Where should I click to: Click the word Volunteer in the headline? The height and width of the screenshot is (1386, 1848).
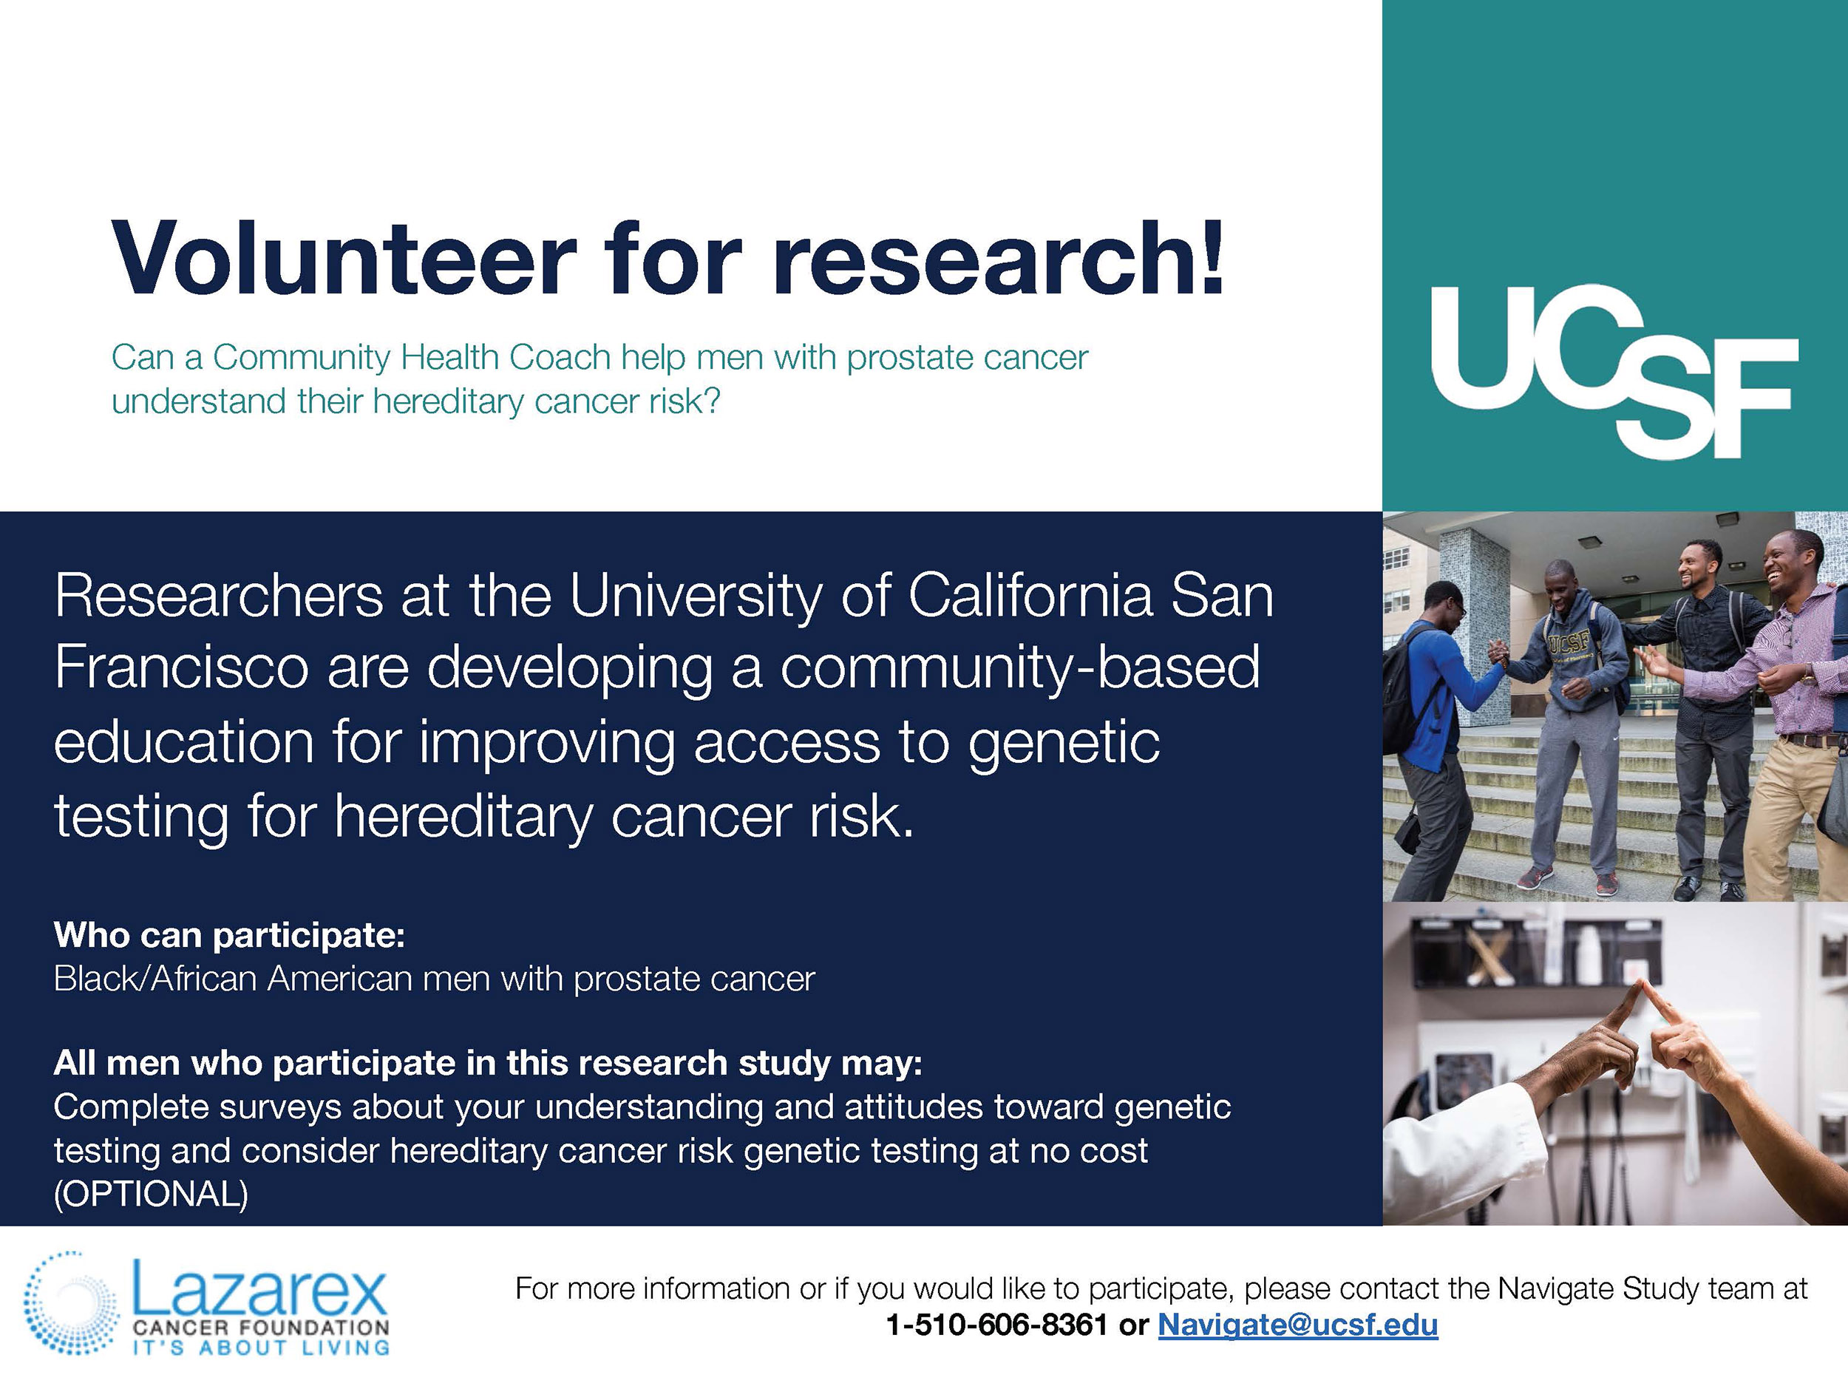(x=344, y=258)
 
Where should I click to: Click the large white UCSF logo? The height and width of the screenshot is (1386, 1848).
(x=1614, y=371)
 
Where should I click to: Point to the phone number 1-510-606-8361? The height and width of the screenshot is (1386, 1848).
(x=996, y=1325)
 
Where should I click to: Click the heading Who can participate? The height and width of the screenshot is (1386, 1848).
(x=229, y=936)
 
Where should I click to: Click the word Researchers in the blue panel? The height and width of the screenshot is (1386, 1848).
(x=219, y=597)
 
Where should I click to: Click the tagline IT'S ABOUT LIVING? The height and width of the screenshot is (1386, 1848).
(x=261, y=1347)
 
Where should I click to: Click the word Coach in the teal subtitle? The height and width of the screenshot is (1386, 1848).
(x=560, y=358)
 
